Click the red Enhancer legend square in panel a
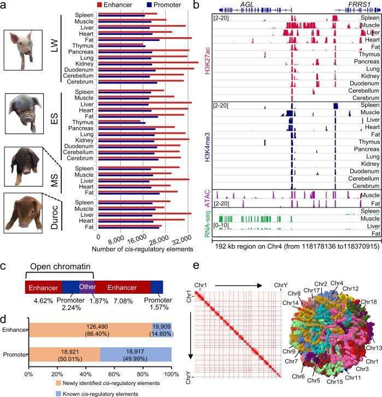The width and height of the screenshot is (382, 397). click(x=99, y=4)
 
